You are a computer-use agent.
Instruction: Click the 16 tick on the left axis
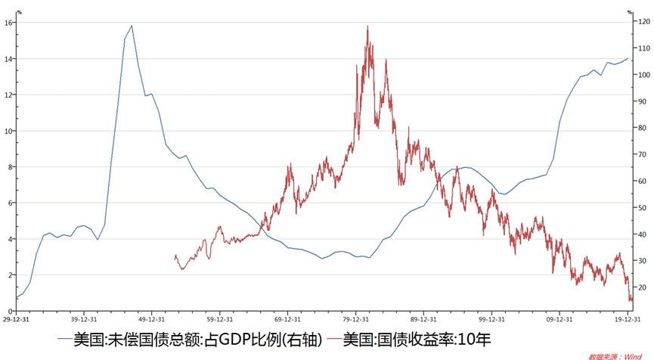pyautogui.click(x=8, y=23)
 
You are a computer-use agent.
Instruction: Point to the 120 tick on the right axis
pyautogui.click(x=643, y=23)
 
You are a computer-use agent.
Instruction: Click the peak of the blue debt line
pyautogui.click(x=132, y=26)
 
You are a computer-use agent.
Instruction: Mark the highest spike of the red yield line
pyautogui.click(x=367, y=26)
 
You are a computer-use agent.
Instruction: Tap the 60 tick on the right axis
pyautogui.click(x=641, y=182)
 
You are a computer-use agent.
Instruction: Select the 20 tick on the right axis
pyautogui.click(x=641, y=288)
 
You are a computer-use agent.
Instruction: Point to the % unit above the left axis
pyautogui.click(x=18, y=12)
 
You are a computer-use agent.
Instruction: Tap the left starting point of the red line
pyautogui.click(x=175, y=256)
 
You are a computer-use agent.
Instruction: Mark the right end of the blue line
pyautogui.click(x=628, y=58)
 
